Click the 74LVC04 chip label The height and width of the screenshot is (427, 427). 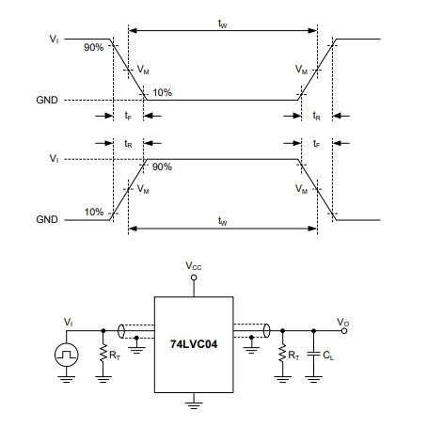(194, 344)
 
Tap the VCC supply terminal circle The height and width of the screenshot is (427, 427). (194, 277)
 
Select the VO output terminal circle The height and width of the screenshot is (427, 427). (344, 331)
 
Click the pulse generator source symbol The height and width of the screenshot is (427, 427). (67, 355)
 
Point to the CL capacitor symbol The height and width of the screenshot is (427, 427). (313, 354)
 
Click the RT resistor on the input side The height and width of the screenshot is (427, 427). (103, 354)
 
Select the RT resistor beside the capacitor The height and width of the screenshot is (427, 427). (282, 354)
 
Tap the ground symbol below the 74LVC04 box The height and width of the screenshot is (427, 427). (194, 405)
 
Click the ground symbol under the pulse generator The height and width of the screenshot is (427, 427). (67, 379)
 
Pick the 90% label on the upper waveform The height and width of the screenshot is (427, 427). (93, 47)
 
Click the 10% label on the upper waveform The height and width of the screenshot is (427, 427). (162, 92)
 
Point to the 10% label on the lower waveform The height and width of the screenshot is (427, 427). (94, 212)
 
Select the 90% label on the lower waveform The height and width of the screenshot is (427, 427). (162, 166)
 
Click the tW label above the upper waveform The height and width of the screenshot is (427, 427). (222, 24)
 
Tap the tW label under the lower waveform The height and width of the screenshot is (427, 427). (222, 221)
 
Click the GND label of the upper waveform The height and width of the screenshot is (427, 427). (47, 100)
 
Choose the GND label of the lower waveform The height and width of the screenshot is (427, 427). (47, 219)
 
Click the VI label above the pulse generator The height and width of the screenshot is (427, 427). (68, 322)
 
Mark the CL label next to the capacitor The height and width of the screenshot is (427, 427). (328, 356)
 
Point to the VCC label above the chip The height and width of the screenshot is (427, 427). (194, 266)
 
